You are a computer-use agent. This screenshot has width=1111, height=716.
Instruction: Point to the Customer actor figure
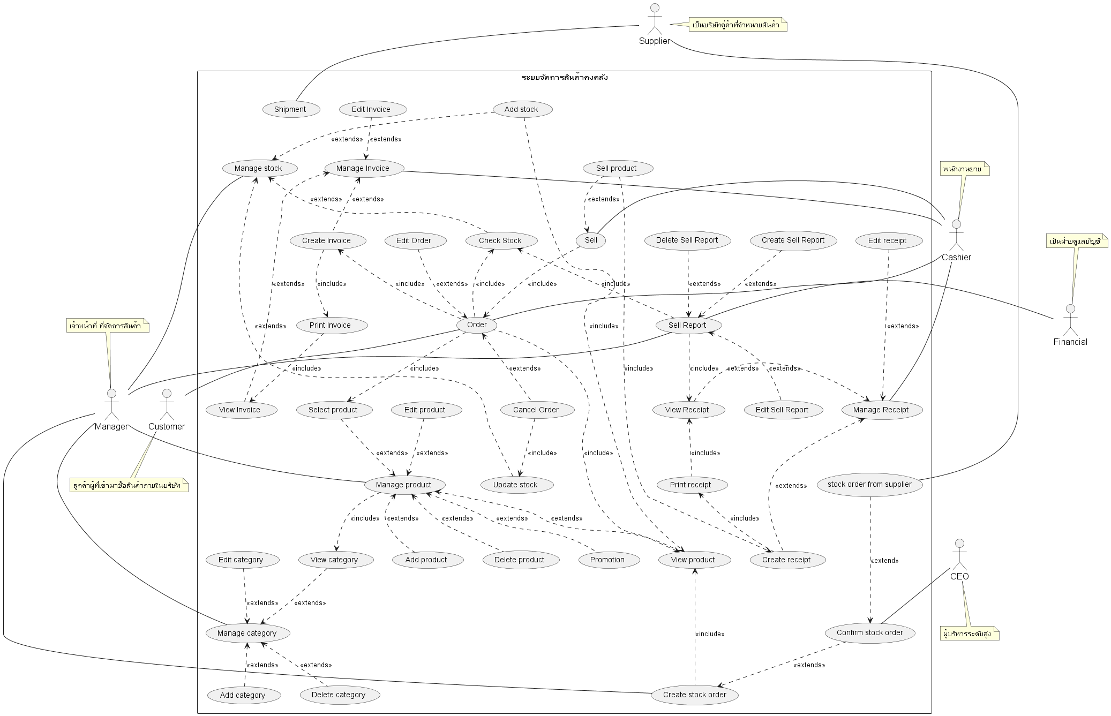(167, 406)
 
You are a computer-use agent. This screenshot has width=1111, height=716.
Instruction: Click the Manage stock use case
(258, 168)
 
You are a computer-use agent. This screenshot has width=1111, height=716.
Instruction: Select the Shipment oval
(290, 109)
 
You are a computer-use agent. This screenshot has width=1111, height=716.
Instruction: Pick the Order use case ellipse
(477, 325)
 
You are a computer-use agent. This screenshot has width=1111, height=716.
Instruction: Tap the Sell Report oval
(687, 325)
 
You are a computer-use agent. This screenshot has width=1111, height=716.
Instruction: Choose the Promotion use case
(607, 560)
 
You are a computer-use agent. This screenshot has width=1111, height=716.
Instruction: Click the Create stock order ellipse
(695, 695)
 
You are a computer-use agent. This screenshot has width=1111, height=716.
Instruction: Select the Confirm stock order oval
(870, 632)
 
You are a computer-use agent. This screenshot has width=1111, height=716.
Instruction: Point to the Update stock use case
(515, 485)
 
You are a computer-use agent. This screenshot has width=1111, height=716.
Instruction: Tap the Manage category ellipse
(247, 633)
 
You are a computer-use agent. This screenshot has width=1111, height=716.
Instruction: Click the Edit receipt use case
(887, 240)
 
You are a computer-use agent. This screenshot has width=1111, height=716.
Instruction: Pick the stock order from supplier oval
(869, 484)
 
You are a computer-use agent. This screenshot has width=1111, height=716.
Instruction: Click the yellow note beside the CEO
(969, 634)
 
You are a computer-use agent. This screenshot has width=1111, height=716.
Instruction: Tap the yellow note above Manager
(108, 326)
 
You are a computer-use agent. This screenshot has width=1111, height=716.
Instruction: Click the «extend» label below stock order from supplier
(884, 561)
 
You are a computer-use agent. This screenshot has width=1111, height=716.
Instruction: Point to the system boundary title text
(564, 78)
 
